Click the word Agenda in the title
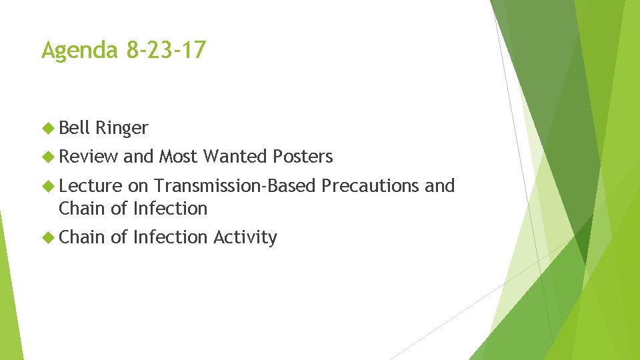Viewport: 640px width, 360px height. point(79,50)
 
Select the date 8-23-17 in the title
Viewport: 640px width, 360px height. point(165,50)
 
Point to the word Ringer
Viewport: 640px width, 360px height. point(121,127)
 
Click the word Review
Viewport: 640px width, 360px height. point(88,157)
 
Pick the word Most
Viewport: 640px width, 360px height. point(178,157)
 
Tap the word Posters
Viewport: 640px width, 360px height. point(303,157)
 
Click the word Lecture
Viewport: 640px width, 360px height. point(91,186)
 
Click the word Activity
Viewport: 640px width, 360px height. point(245,237)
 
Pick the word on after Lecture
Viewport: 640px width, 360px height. point(138,187)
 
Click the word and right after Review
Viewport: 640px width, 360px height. point(138,157)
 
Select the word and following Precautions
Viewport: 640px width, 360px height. point(439,186)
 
